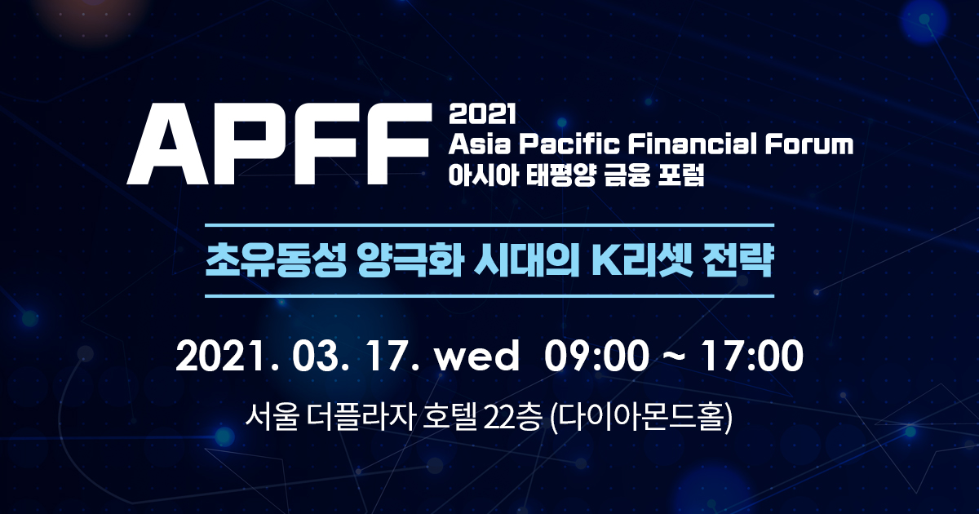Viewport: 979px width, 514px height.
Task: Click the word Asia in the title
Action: (x=479, y=145)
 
